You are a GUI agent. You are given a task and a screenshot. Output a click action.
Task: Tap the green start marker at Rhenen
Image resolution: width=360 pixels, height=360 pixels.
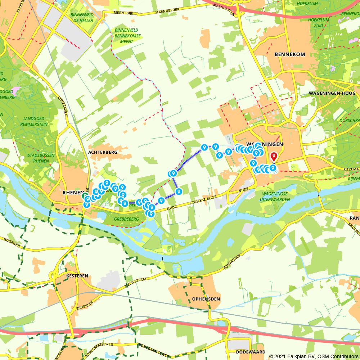[85, 196]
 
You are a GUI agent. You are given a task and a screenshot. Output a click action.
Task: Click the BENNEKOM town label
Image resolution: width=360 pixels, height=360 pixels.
[289, 54]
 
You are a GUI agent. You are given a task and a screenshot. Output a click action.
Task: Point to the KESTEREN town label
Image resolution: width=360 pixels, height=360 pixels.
[77, 276]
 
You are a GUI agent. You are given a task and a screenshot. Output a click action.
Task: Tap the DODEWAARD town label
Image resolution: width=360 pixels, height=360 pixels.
[251, 352]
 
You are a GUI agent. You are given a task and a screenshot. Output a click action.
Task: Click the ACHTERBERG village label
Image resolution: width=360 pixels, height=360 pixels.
[103, 152]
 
